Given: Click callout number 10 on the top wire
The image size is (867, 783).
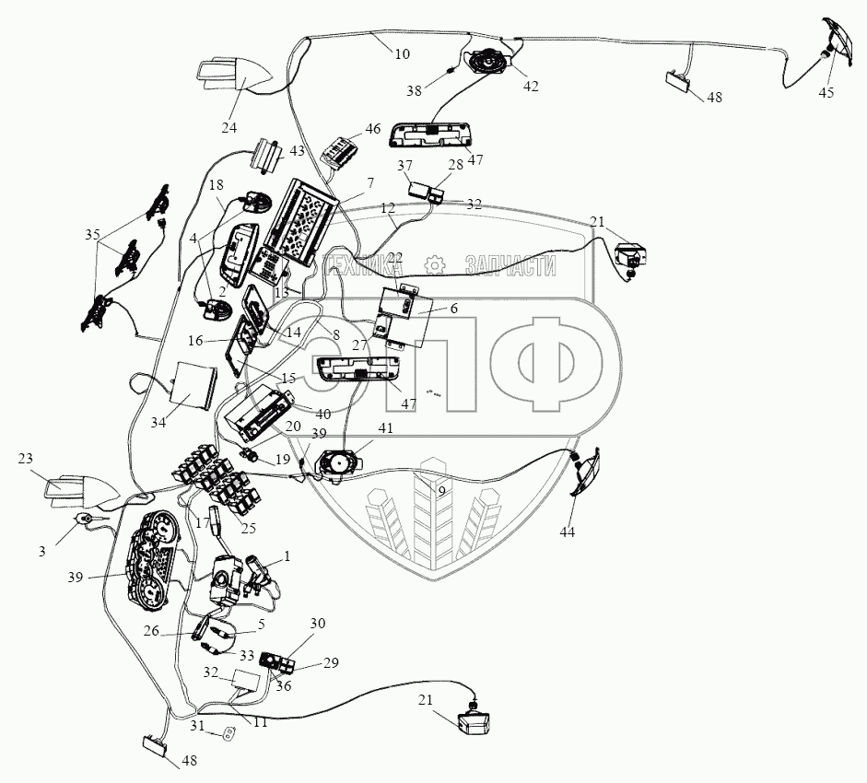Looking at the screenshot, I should click(x=402, y=54).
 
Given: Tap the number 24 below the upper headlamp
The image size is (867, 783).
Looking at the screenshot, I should click(x=228, y=127).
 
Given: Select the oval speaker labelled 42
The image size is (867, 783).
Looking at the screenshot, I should click(x=488, y=63).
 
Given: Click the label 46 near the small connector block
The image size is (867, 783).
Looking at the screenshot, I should click(x=372, y=129).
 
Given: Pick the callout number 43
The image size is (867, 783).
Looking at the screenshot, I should click(x=297, y=150).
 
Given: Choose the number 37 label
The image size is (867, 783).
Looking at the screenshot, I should click(x=404, y=166).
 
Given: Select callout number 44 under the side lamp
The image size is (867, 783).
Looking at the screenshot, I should click(x=568, y=532).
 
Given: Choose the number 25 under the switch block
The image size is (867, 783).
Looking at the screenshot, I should click(x=247, y=528).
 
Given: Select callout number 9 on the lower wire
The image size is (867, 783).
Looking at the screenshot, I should click(x=441, y=492).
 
